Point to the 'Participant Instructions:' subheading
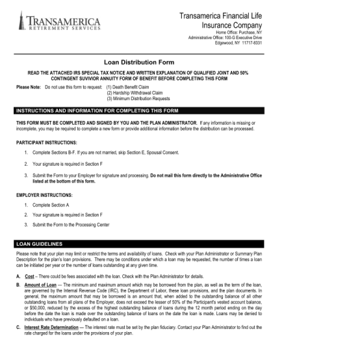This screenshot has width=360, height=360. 47,142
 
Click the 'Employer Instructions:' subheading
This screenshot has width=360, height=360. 44,194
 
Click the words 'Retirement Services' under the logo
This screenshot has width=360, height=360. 64,28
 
